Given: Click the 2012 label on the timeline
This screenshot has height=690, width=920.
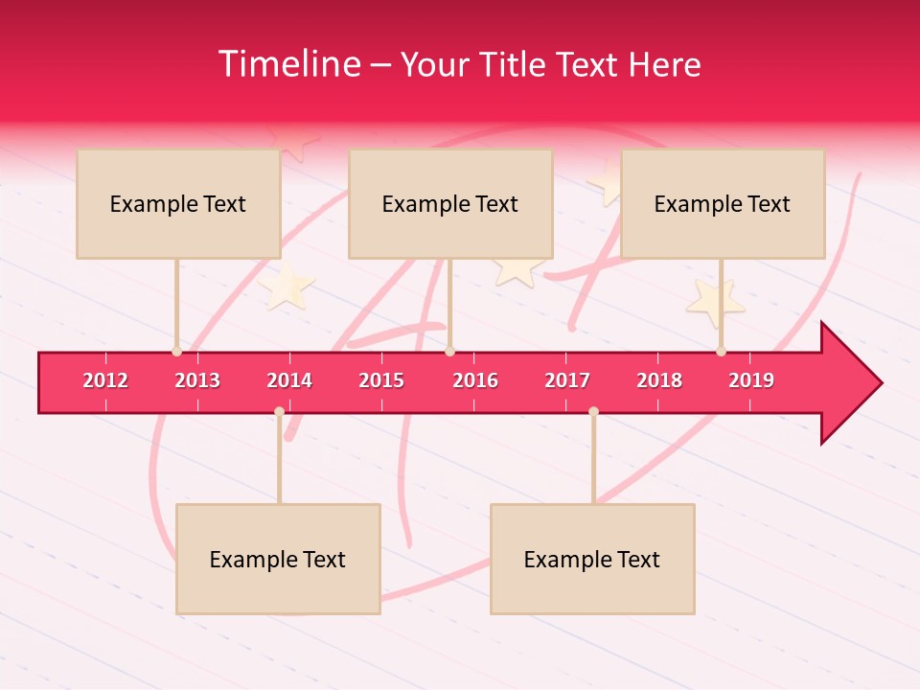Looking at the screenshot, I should click(x=105, y=380).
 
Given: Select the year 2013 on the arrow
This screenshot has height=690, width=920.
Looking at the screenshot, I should click(x=197, y=380).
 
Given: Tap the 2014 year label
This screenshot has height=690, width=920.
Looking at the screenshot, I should click(x=289, y=380).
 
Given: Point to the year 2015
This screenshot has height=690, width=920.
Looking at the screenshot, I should click(x=381, y=380).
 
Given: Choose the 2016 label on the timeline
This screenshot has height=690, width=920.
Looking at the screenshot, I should click(x=475, y=380).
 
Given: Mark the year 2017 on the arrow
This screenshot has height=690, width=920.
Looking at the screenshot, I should click(x=567, y=380).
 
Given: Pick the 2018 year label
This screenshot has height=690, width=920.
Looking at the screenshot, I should click(x=659, y=380).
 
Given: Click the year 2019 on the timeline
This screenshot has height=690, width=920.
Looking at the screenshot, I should click(x=751, y=380).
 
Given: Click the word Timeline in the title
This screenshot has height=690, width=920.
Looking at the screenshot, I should click(x=290, y=64).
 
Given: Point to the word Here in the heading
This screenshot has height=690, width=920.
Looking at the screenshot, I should click(x=664, y=64).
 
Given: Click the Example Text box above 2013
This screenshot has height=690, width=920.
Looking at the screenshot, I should click(x=178, y=203).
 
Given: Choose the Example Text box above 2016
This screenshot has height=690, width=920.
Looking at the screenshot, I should click(x=450, y=203).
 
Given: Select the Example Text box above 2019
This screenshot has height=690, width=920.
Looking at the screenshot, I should click(x=723, y=203).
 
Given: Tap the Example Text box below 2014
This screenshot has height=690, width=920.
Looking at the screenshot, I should click(x=278, y=559).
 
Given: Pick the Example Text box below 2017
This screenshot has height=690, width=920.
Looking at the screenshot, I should click(x=592, y=559).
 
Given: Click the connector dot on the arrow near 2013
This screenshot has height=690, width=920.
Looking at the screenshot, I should click(x=176, y=352).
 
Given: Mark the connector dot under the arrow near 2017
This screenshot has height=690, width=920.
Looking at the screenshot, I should click(x=593, y=412).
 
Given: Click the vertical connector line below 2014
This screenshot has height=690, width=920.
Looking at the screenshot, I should click(x=279, y=460).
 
